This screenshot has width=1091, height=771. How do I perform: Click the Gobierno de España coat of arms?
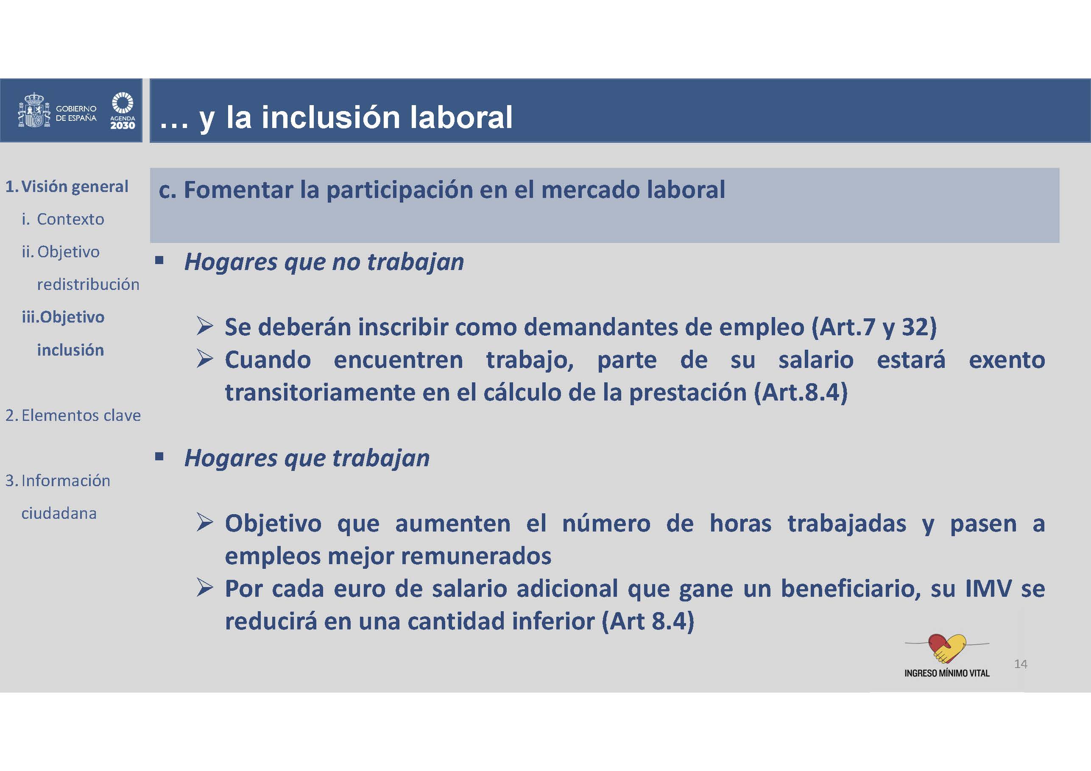34,110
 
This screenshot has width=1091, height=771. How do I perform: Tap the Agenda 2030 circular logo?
123,103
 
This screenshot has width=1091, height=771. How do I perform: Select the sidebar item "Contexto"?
70,219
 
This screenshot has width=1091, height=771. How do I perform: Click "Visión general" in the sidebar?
75,186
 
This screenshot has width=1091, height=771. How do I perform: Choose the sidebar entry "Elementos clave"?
81,415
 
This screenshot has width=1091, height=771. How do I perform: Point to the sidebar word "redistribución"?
88,284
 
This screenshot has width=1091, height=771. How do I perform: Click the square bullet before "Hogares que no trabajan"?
159,260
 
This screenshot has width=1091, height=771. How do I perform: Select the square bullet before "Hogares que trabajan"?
159,456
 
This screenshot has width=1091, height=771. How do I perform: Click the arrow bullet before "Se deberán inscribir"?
205,326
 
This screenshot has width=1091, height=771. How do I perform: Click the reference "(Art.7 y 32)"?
874,327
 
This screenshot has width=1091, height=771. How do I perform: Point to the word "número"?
606,523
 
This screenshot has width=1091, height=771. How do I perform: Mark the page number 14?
1021,664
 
